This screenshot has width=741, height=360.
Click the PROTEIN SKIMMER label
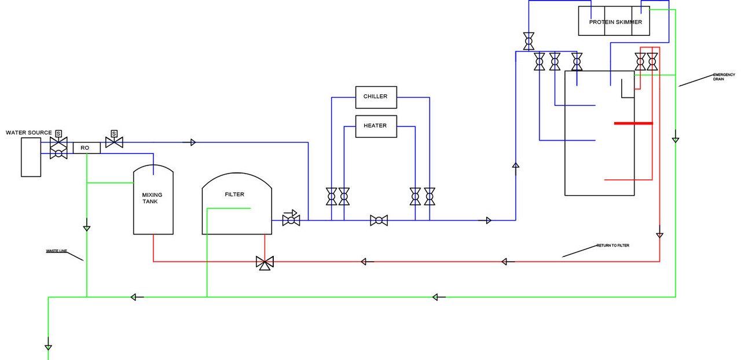615,22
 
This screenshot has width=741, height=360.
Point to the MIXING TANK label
152,198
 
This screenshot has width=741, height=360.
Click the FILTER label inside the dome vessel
234,194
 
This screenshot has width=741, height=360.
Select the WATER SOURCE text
29,133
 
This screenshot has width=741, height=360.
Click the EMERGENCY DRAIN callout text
724,77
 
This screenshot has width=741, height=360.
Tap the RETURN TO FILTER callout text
612,245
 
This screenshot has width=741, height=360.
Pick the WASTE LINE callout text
57,251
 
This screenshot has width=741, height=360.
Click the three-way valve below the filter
265,263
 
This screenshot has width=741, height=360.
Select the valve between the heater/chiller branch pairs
379,221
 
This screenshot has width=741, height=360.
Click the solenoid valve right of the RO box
114,142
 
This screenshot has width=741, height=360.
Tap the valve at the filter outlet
291,221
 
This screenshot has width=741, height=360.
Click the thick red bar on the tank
633,123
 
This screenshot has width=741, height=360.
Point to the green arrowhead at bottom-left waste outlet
48,347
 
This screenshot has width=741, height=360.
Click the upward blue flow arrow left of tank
516,165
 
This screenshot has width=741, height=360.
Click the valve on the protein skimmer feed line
529,41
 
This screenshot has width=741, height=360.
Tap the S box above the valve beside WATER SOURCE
58,134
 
